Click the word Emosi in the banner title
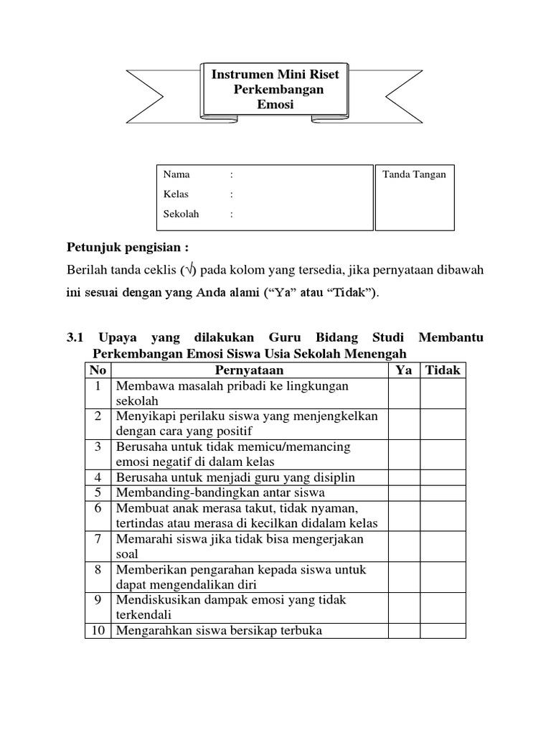[x=275, y=105]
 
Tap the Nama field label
[x=176, y=174]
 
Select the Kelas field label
[x=177, y=194]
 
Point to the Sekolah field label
[x=182, y=214]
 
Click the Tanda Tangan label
[x=414, y=174]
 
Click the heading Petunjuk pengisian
[x=128, y=248]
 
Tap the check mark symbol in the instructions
[x=189, y=270]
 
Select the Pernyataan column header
[x=249, y=370]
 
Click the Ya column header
[x=404, y=370]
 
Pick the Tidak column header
[x=443, y=370]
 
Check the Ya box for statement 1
[x=404, y=393]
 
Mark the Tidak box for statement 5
[x=443, y=492]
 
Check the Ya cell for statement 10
[x=404, y=630]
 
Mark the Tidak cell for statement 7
[x=443, y=546]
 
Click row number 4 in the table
[x=98, y=477]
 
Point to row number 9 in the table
[x=98, y=599]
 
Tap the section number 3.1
[x=75, y=337]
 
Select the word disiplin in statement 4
[x=331, y=477]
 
